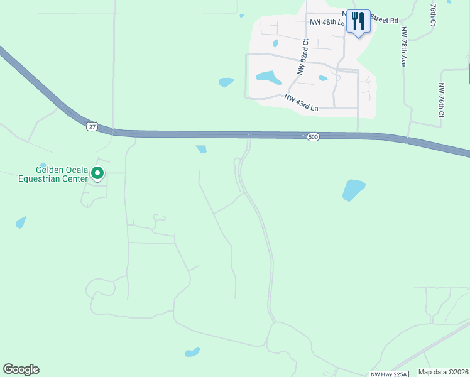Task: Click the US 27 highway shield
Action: pos(92,126)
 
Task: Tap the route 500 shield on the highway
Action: pos(313,136)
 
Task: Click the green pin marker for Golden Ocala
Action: pos(97,172)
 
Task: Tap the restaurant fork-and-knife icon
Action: pos(358,21)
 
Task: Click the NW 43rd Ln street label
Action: pos(301,102)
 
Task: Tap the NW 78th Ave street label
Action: pos(404,48)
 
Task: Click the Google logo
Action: pos(21,369)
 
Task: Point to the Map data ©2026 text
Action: pos(443,372)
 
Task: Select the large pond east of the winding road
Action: pos(353,189)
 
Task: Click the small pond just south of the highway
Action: pos(201,149)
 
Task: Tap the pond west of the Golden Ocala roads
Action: pos(21,222)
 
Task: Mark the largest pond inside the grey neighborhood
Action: pos(268,78)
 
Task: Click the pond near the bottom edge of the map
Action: pos(192,352)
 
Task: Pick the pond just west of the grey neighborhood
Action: pos(226,82)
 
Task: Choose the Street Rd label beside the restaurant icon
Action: pos(385,20)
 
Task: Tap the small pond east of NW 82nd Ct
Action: pos(323,79)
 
